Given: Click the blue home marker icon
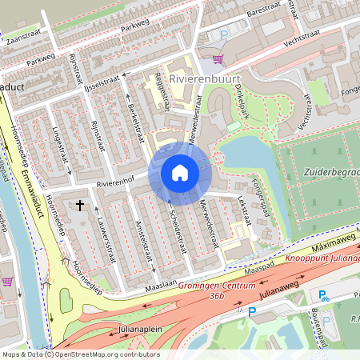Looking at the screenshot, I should tap(180, 172).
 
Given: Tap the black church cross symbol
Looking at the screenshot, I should tap(80, 206).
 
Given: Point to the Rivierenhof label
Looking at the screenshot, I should tap(113, 183).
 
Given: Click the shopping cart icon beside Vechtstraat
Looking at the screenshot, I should tap(217, 58).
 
